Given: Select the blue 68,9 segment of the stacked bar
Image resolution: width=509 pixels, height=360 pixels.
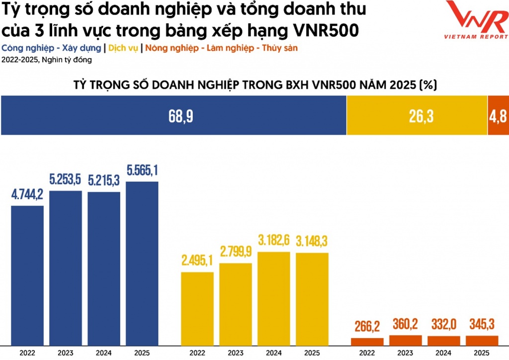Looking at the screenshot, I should click(173, 116).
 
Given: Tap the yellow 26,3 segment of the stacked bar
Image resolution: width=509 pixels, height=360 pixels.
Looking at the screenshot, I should click(417, 116).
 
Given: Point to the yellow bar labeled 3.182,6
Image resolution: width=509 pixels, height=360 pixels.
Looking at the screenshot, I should click(274, 298).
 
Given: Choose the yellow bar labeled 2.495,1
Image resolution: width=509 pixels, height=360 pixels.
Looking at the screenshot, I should click(197, 308).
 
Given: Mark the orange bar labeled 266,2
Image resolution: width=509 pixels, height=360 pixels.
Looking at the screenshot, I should click(367, 342).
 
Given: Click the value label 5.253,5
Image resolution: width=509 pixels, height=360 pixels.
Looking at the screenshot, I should click(66, 179).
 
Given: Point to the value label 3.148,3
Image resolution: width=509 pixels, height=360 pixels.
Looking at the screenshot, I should click(312, 241).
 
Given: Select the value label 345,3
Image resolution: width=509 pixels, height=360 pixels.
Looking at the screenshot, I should click(482, 325).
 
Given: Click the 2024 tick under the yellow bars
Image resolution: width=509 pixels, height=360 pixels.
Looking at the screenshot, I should click(274, 353).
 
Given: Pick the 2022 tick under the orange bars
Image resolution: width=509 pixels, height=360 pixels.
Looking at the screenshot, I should click(367, 353).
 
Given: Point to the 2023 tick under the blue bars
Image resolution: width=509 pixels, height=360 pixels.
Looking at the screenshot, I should click(66, 353).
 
